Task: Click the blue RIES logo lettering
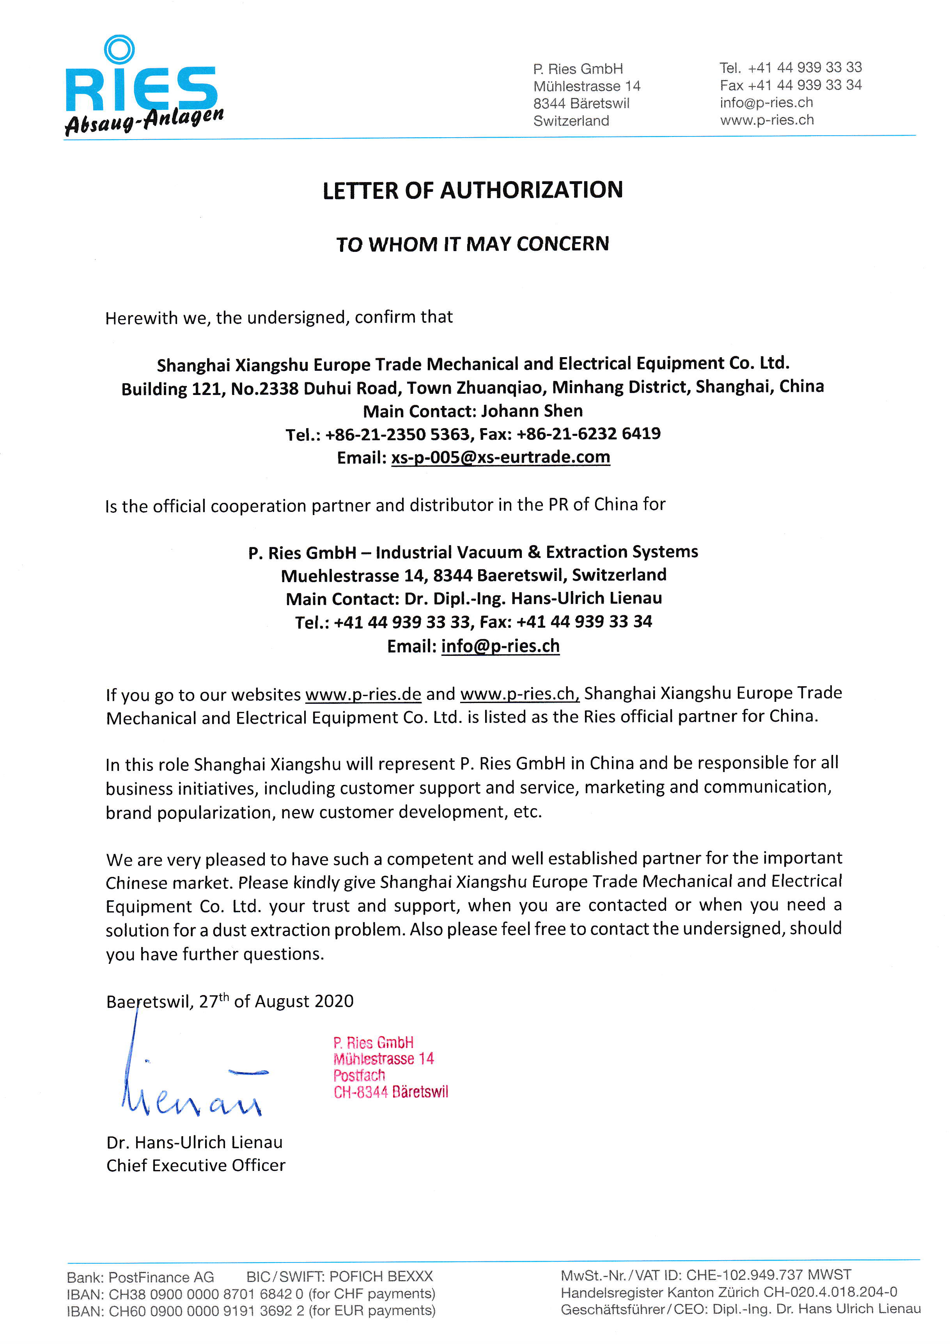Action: click(x=140, y=89)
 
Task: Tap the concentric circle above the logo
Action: click(x=119, y=49)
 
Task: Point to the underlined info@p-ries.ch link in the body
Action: click(x=500, y=646)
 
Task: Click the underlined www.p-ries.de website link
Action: click(x=363, y=694)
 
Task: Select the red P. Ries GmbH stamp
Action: click(x=390, y=1067)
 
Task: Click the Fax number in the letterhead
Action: click(x=804, y=85)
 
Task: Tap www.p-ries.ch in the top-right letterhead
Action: click(x=767, y=120)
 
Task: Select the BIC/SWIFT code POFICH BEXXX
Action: click(x=381, y=1276)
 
